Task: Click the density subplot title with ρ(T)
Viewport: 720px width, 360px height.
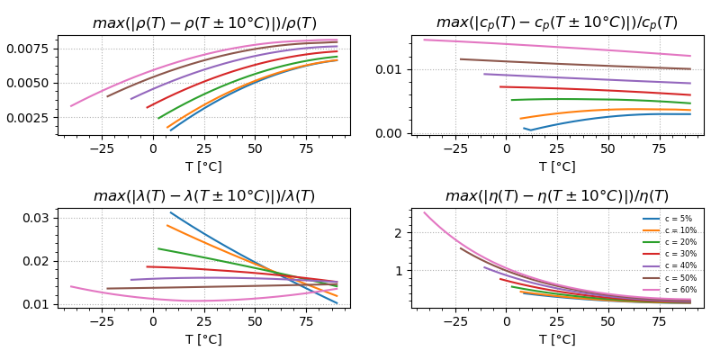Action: (204, 23)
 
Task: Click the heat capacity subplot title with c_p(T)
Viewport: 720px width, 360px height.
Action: (557, 23)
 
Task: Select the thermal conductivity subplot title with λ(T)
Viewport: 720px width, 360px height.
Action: (204, 196)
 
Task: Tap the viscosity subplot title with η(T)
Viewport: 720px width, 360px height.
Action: (557, 196)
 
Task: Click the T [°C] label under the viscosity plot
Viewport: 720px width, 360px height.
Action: (557, 339)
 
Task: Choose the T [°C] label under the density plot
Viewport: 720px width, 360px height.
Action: (204, 166)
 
